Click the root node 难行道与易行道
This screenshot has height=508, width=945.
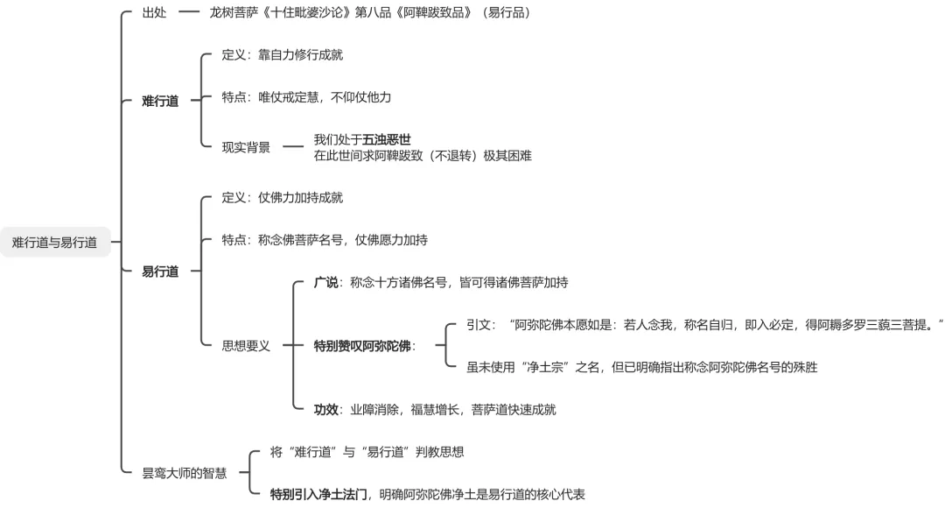click(x=55, y=242)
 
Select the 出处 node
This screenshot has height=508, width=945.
click(x=154, y=13)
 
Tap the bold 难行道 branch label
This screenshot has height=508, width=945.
click(x=160, y=101)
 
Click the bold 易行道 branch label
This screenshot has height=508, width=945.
click(x=160, y=272)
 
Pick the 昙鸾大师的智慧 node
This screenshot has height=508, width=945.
click(x=185, y=473)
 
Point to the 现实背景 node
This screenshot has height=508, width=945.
click(x=246, y=147)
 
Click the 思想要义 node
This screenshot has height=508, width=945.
click(x=246, y=346)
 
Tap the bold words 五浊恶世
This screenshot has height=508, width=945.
click(x=387, y=139)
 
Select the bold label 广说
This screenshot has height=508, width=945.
click(x=325, y=282)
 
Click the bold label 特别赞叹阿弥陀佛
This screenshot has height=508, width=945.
click(x=363, y=346)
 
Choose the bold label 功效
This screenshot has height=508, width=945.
click(x=325, y=409)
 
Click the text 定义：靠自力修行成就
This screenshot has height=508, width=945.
click(x=282, y=54)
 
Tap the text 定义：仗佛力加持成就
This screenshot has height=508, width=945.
click(x=282, y=197)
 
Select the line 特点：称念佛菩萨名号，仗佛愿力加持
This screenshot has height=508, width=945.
click(x=325, y=240)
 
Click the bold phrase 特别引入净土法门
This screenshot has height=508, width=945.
click(x=319, y=494)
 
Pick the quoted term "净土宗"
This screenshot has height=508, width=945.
click(x=542, y=367)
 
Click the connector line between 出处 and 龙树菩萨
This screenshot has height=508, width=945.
click(x=188, y=13)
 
